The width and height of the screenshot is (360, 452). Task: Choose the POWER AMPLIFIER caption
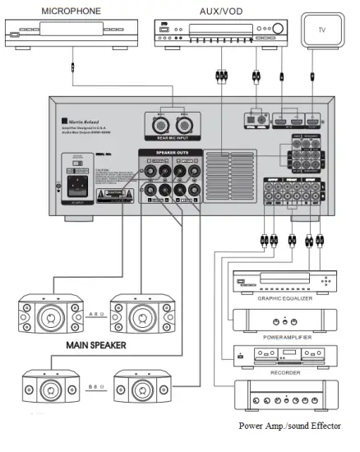pos(285,335)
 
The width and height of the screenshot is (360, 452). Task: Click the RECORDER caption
pos(285,371)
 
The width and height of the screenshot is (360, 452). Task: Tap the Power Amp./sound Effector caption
pos(289,426)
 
